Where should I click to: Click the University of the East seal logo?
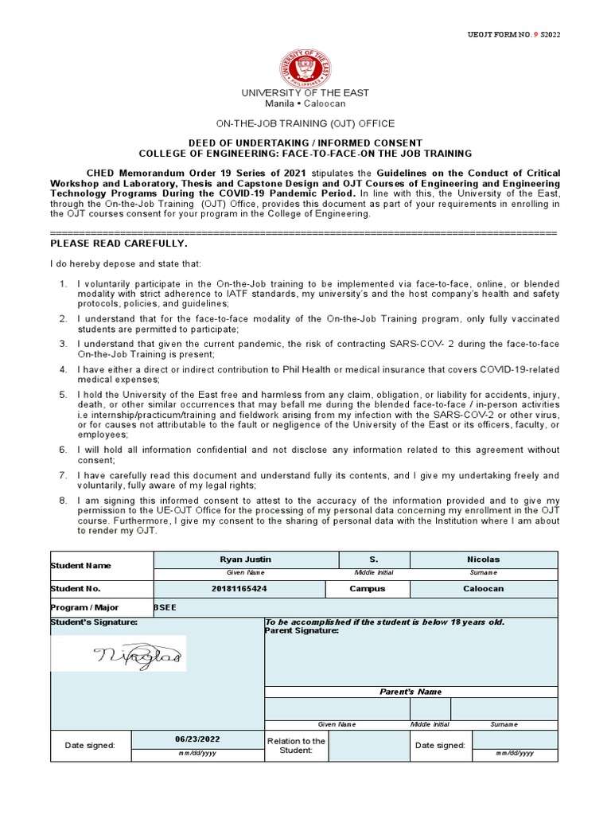click(305, 67)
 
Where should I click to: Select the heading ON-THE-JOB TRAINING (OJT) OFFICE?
click(305, 124)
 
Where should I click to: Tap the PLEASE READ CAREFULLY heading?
click(119, 243)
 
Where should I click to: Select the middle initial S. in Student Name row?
click(373, 560)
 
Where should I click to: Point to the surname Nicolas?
click(483, 560)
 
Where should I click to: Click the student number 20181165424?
click(239, 589)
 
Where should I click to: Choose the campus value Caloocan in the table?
click(483, 589)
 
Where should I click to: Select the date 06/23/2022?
click(197, 739)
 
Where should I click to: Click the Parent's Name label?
click(410, 692)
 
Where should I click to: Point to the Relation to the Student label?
click(296, 746)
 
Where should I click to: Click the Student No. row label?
click(76, 589)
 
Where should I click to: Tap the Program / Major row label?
click(84, 608)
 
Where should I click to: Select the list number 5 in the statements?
click(64, 395)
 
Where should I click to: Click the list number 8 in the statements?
click(64, 500)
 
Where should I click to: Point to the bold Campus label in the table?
click(367, 589)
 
